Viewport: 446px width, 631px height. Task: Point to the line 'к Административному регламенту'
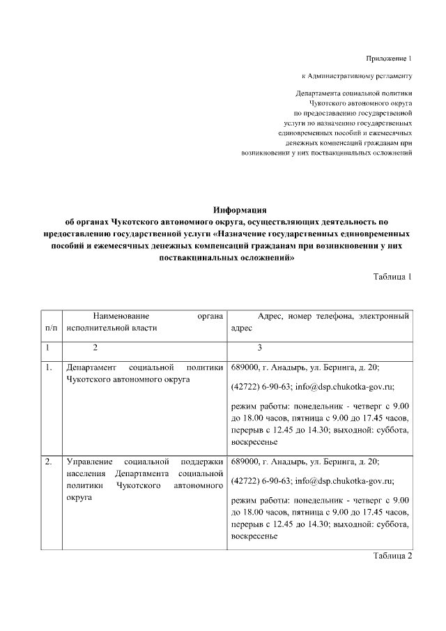pyautogui.click(x=357, y=75)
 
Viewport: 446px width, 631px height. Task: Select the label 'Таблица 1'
pyautogui.click(x=393, y=276)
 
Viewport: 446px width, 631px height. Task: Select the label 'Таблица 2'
pyautogui.click(x=393, y=556)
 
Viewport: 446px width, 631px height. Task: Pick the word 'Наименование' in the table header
pyautogui.click(x=122, y=316)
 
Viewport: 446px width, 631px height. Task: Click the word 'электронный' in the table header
pyautogui.click(x=383, y=316)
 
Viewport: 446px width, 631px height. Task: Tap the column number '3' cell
pyautogui.click(x=260, y=347)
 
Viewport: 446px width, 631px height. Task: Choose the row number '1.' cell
pyautogui.click(x=48, y=367)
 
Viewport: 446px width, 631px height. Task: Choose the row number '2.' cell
pyautogui.click(x=48, y=462)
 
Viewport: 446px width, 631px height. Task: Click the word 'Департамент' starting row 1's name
pyautogui.click(x=91, y=367)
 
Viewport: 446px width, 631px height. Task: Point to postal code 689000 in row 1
pyautogui.click(x=245, y=367)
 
